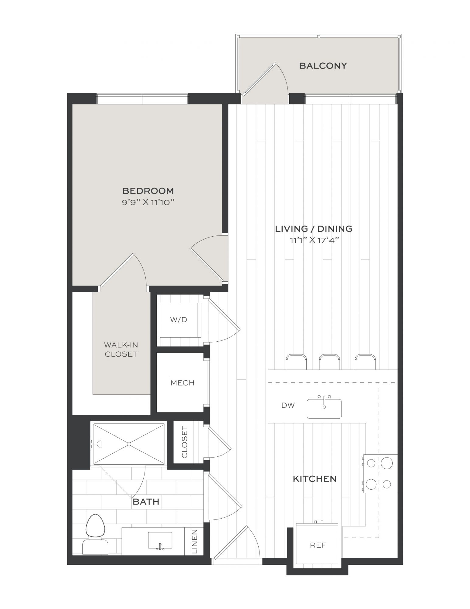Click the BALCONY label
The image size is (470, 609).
323,66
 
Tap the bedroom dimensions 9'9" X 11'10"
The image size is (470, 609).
148,202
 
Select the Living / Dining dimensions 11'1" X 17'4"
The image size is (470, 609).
314,240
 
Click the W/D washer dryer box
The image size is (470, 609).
180,320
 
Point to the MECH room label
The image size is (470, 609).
183,383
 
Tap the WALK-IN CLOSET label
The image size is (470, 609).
121,350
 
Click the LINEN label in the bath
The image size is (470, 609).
195,542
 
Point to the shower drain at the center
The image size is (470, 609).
129,444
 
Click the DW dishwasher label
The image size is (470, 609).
288,405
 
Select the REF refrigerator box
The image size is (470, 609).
317,545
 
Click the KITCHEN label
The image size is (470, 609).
315,479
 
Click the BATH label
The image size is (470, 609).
146,502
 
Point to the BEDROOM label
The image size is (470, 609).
148,191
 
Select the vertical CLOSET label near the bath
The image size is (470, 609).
184,442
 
